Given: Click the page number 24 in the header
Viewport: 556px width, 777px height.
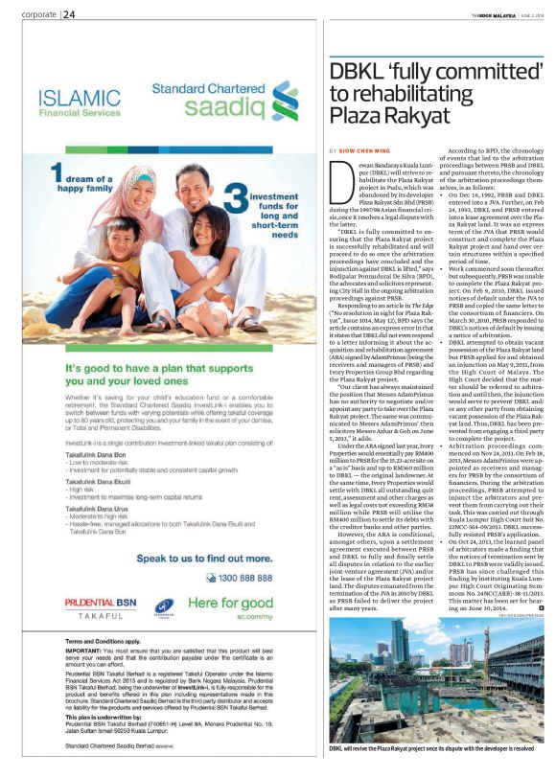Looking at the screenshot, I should tap(69, 14).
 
